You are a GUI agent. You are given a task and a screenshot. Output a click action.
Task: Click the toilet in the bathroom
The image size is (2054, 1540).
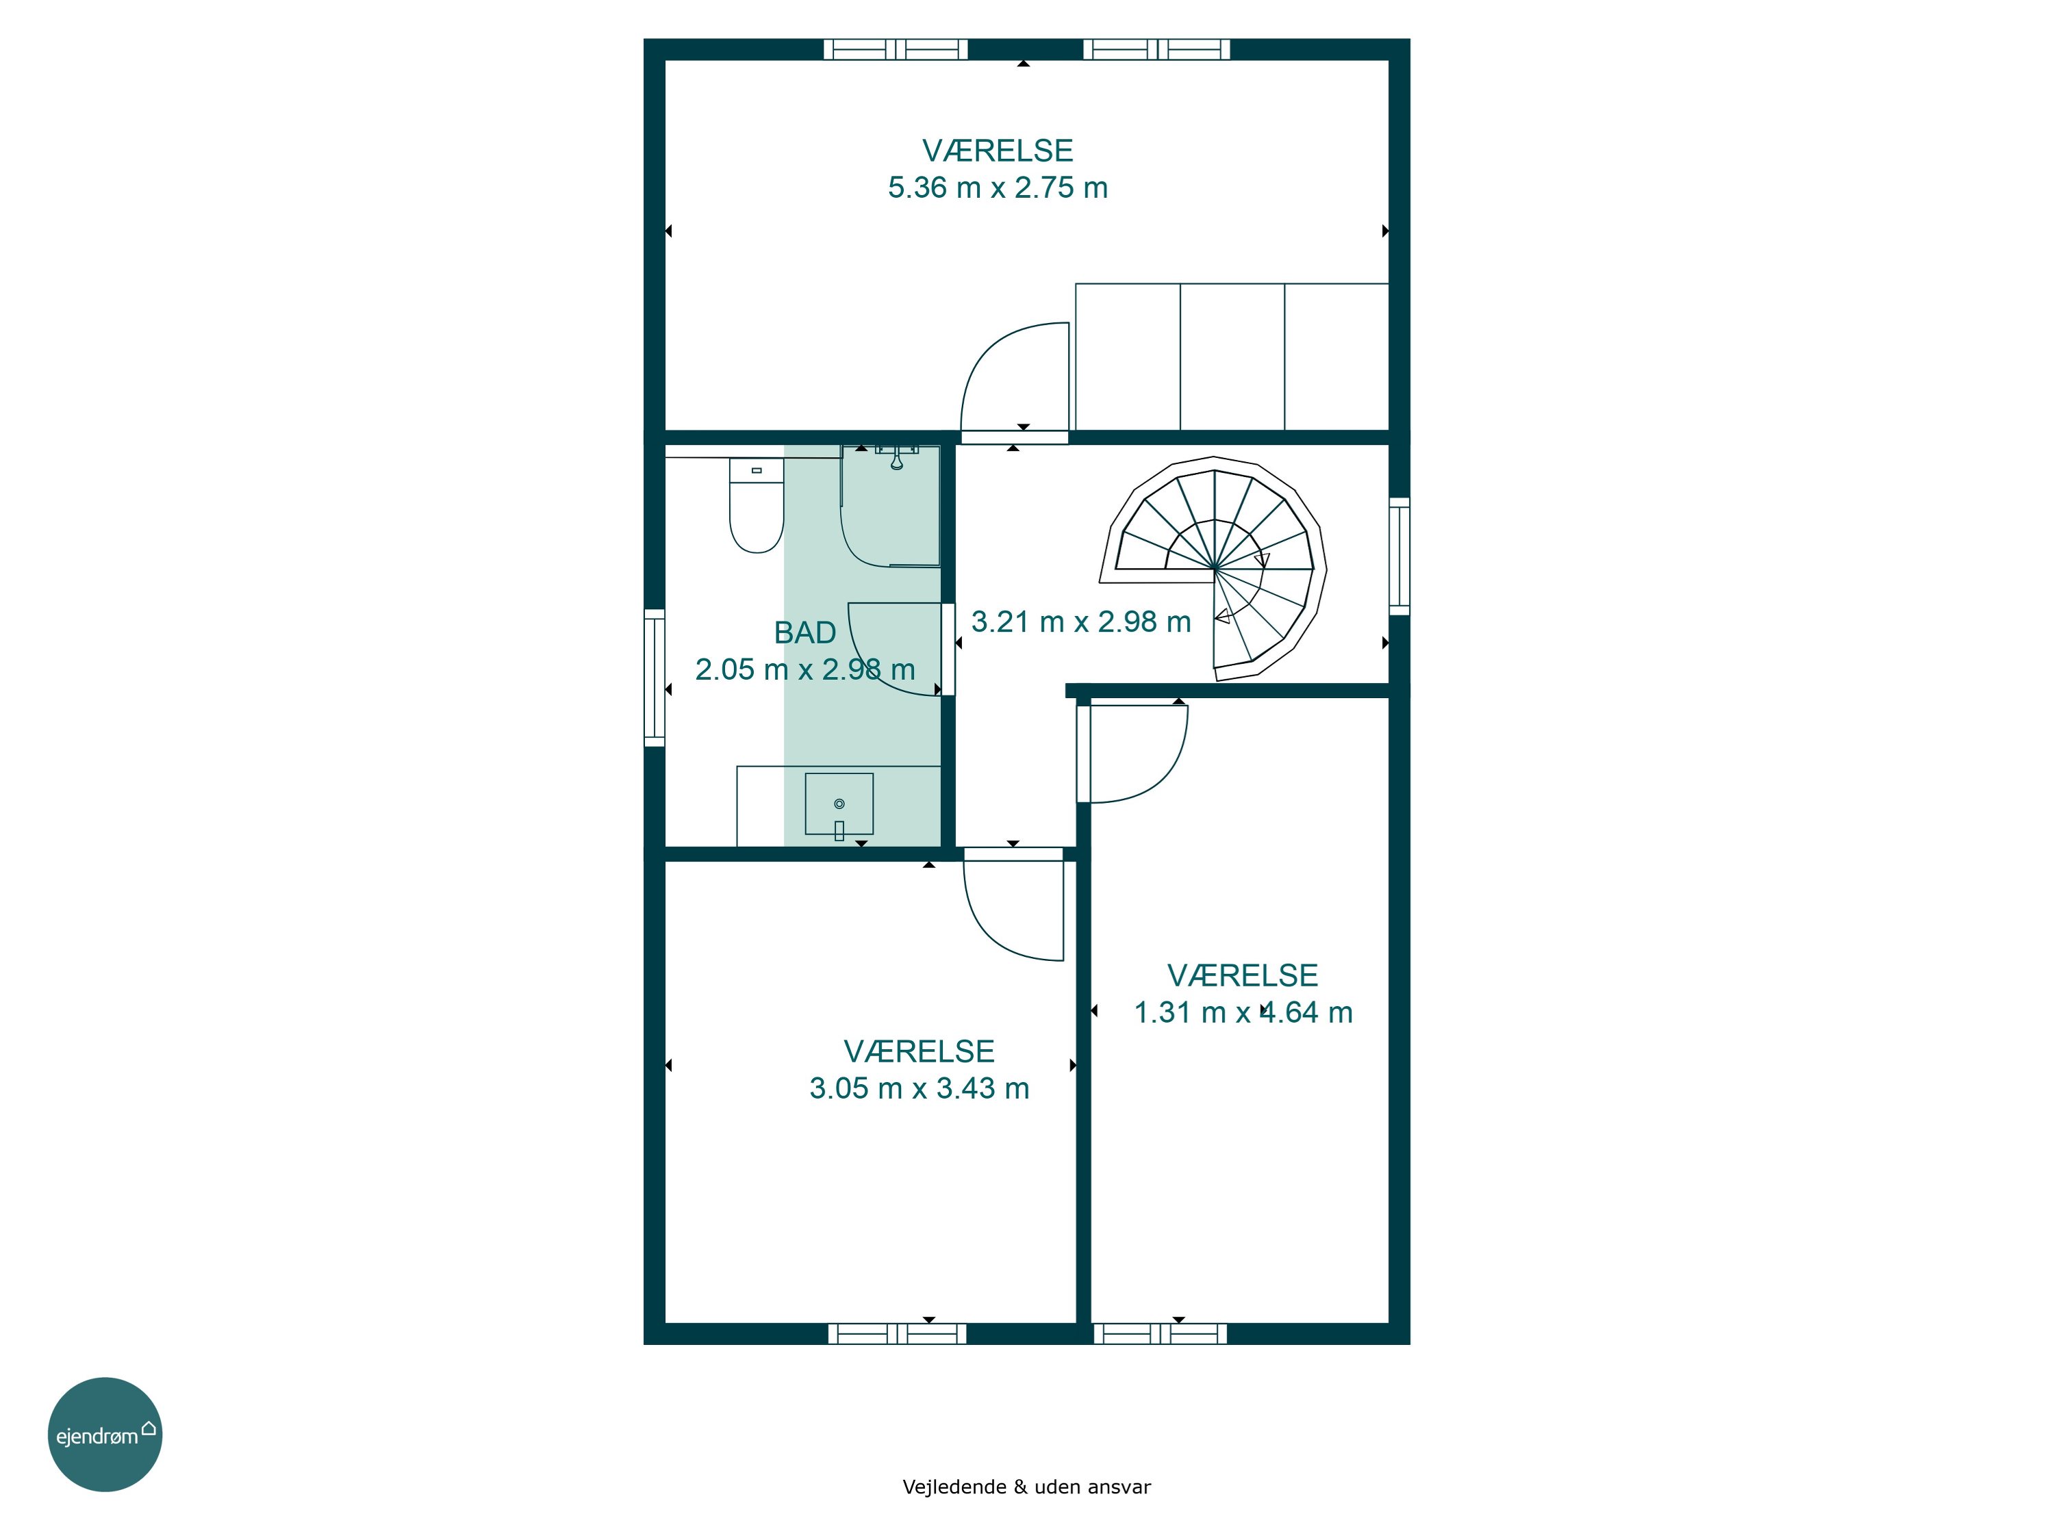coord(757,506)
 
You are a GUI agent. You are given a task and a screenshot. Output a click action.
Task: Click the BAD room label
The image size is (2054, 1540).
coord(805,632)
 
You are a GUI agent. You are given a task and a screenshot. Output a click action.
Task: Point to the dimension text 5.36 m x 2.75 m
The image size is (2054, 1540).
coord(998,188)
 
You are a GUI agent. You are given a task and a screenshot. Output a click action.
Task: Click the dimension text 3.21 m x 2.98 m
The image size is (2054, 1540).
coord(1081,622)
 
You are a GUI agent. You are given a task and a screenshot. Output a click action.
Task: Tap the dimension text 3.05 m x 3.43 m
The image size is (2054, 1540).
coord(920,1088)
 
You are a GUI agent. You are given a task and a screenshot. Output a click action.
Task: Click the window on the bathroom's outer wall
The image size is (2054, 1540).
coord(655,678)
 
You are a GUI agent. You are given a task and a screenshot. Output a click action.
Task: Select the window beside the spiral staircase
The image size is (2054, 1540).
coord(1399,556)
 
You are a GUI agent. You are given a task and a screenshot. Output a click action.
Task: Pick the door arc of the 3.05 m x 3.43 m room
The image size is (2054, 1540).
coord(988,934)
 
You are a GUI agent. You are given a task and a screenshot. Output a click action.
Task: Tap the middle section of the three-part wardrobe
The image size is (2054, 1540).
coord(1232,357)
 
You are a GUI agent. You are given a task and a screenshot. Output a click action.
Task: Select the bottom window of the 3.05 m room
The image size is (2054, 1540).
coord(897,1334)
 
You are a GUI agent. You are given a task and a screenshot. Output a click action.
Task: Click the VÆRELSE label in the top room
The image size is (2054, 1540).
coord(998,151)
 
